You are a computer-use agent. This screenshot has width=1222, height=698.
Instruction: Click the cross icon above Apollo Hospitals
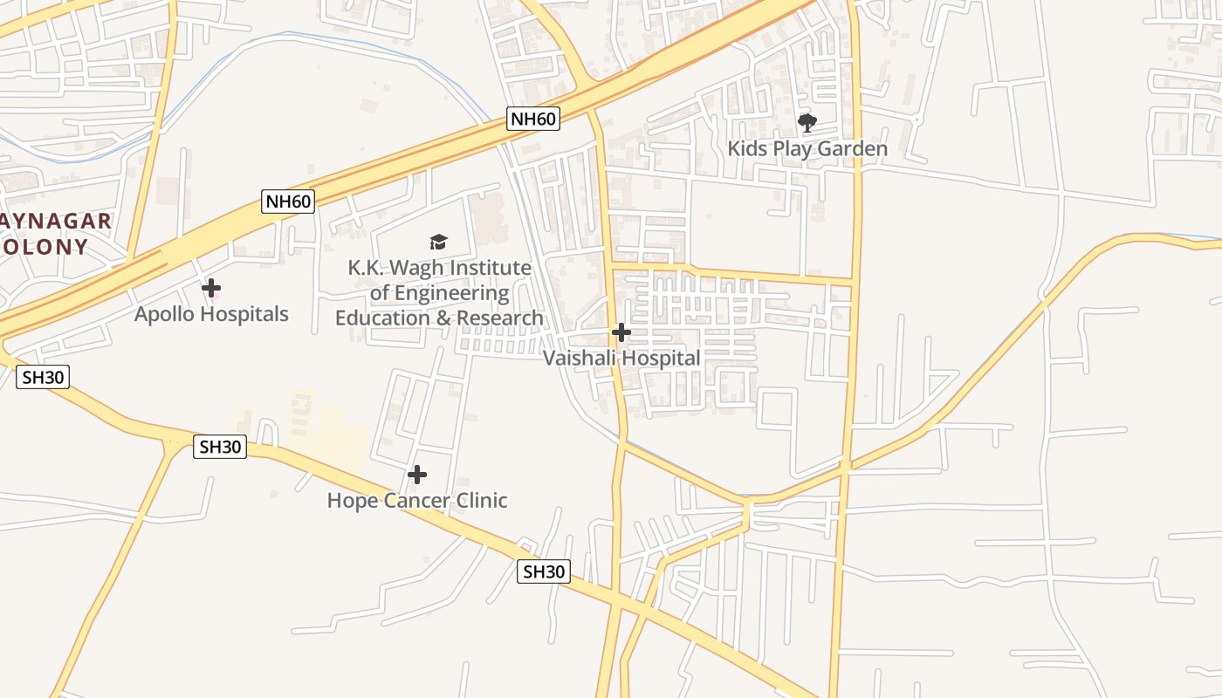click(x=211, y=287)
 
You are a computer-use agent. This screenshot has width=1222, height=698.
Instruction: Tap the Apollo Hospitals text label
click(x=211, y=314)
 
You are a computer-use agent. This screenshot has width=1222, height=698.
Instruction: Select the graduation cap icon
click(x=438, y=242)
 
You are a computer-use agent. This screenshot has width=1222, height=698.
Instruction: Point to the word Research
click(x=500, y=318)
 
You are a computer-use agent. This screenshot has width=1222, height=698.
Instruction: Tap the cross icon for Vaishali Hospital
click(x=621, y=332)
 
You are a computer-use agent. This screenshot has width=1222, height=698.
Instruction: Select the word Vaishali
click(x=580, y=359)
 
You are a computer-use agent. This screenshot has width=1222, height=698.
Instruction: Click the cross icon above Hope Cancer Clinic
click(x=417, y=475)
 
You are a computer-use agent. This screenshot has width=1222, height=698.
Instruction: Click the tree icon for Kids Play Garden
click(x=807, y=122)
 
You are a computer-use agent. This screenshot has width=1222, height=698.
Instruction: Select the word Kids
click(x=748, y=149)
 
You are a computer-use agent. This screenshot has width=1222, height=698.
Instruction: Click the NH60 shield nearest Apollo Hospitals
click(x=288, y=202)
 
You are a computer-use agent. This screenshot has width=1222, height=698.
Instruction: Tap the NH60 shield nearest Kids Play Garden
click(x=532, y=119)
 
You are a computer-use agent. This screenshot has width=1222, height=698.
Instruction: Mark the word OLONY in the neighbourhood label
click(x=45, y=247)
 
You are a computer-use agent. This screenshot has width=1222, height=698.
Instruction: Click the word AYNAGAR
click(x=56, y=221)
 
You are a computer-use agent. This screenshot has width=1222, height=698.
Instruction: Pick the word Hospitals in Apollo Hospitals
click(x=247, y=314)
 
